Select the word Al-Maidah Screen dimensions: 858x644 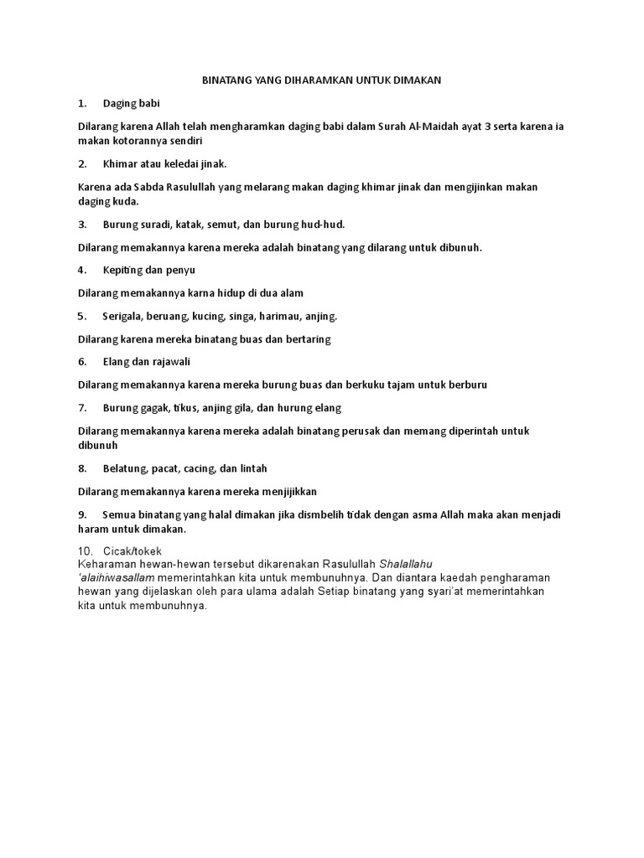click(x=436, y=127)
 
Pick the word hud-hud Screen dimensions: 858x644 click(x=326, y=225)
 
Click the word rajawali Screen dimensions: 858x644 click(x=173, y=362)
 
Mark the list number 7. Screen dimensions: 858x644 click(x=82, y=408)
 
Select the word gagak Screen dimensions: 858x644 click(x=151, y=408)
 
